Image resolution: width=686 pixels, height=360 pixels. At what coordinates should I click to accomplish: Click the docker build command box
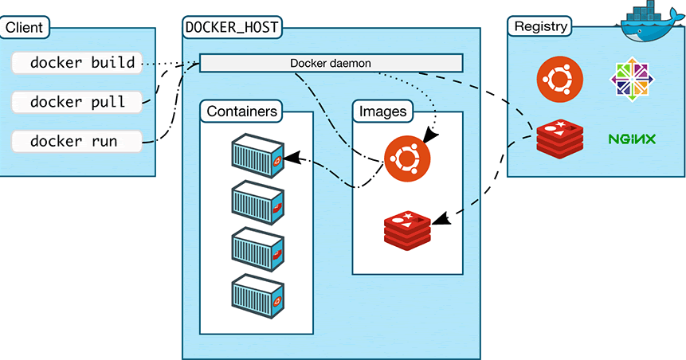[x=77, y=62]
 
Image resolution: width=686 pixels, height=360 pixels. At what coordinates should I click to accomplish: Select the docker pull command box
[x=77, y=102]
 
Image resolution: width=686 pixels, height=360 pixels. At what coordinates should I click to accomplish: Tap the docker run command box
[x=77, y=141]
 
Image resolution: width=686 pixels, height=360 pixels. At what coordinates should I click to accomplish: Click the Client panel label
[x=24, y=27]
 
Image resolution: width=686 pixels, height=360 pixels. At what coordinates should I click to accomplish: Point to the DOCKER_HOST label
[x=231, y=27]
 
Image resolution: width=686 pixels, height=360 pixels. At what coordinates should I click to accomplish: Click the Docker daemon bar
[x=330, y=62]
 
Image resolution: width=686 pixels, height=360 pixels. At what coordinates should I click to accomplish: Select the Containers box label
[x=242, y=111]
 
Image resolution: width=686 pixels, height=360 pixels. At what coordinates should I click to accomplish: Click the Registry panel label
[x=541, y=26]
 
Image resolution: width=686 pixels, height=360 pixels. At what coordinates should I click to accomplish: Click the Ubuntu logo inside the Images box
[x=407, y=158]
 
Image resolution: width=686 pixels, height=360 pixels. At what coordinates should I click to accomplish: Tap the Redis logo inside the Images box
[x=407, y=229]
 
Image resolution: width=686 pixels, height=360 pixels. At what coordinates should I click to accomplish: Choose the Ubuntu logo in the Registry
[x=559, y=79]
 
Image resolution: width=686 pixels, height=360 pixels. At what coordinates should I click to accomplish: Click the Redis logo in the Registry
[x=559, y=138]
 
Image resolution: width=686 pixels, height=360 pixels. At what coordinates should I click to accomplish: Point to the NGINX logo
[x=631, y=139]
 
